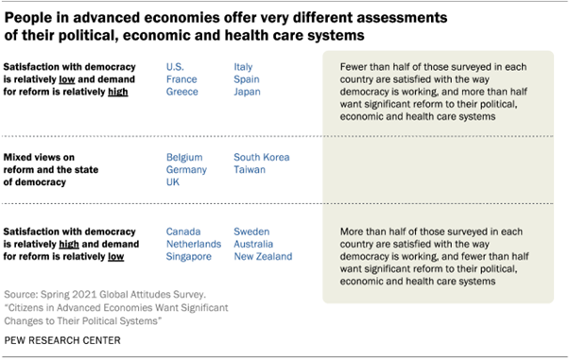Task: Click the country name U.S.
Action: [x=176, y=67]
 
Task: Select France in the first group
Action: [x=181, y=80]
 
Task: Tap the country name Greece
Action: [x=181, y=93]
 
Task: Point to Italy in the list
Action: [x=244, y=67]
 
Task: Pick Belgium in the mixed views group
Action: [x=184, y=157]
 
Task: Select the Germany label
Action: [x=187, y=170]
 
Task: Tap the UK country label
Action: [x=174, y=182]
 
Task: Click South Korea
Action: [x=262, y=157]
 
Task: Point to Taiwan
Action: [x=250, y=170]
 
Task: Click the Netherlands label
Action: [x=194, y=244]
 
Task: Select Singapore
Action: [x=190, y=256]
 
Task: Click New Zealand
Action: [x=263, y=256]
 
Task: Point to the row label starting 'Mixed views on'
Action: [x=48, y=157]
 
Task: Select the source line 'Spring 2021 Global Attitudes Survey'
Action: [x=119, y=295]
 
